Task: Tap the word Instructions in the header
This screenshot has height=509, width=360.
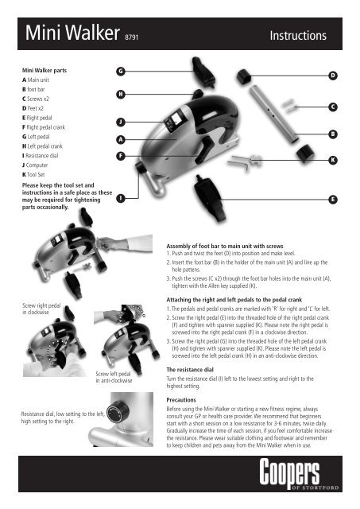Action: [x=298, y=37]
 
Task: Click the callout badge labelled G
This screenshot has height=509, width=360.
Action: [x=119, y=72]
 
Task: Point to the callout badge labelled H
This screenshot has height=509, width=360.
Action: [x=119, y=95]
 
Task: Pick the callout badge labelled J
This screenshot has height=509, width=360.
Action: [x=119, y=122]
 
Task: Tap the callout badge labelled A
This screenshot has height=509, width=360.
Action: [x=119, y=140]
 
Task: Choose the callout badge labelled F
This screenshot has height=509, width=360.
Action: [x=119, y=157]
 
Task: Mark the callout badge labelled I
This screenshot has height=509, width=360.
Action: [x=119, y=198]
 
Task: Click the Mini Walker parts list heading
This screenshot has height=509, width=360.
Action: [x=45, y=70]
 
